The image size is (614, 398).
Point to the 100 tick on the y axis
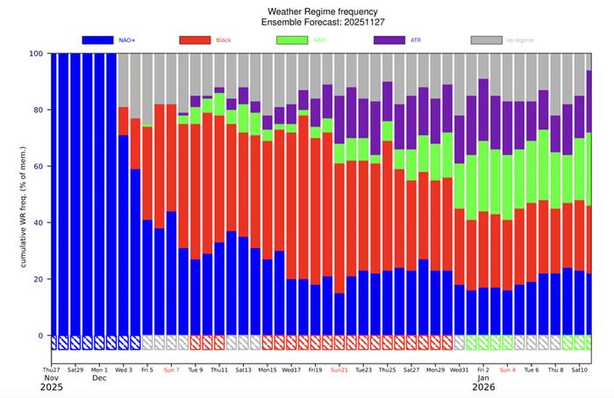pyautogui.click(x=35, y=53)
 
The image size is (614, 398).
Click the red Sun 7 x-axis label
pyautogui.click(x=171, y=370)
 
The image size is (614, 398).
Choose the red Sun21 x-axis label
pyautogui.click(x=339, y=370)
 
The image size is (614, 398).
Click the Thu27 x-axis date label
pyautogui.click(x=52, y=370)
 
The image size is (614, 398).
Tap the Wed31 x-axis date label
pyautogui.click(x=459, y=370)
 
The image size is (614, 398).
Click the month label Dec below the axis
pyautogui.click(x=100, y=379)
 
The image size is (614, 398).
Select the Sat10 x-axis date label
pyautogui.click(x=580, y=370)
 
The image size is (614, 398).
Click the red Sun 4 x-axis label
pyautogui.click(x=508, y=370)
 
